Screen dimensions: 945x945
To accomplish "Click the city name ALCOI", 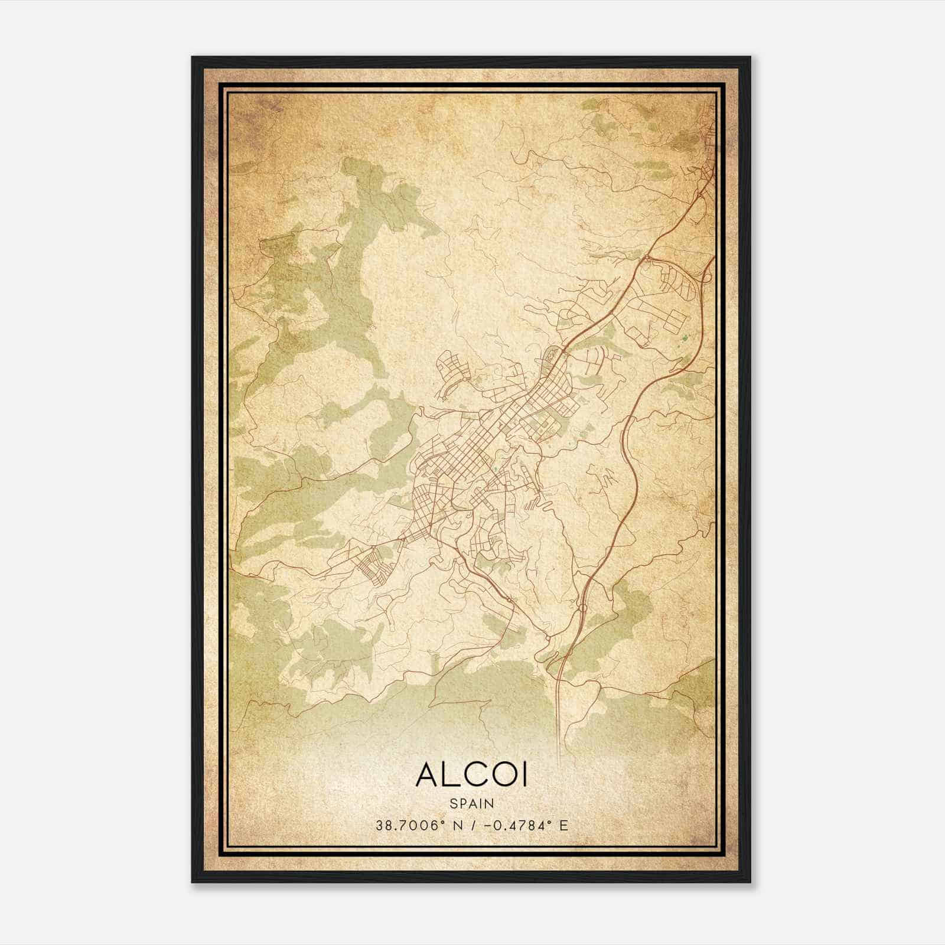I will tap(471, 775).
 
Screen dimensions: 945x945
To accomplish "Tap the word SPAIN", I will tap(471, 804).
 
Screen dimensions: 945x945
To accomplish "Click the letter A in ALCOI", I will tap(427, 775).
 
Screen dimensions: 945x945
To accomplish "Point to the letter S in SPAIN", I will tap(453, 804).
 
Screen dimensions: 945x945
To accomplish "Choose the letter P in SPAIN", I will tap(462, 804).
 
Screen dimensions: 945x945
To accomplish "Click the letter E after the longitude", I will tap(564, 826).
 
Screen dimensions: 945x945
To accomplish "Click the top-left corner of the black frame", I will tap(193, 57).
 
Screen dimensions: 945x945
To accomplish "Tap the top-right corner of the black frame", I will tap(750, 57).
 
